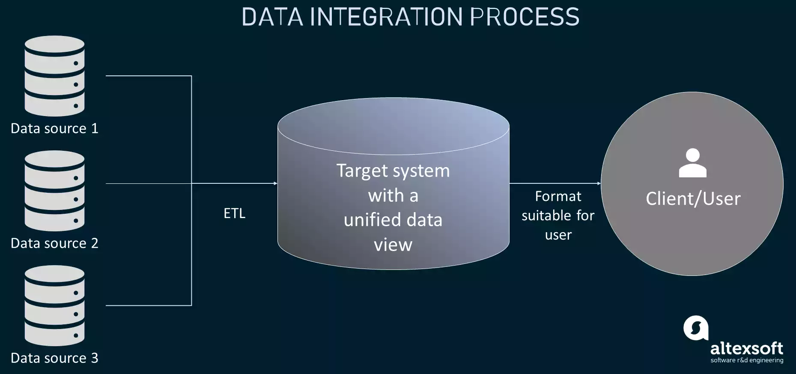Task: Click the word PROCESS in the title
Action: coord(525,17)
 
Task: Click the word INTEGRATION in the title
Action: coord(386,17)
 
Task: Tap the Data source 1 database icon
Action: coord(54,76)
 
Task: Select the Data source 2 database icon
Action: coord(54,191)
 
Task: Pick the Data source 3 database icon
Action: coord(54,305)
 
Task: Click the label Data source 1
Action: coord(54,129)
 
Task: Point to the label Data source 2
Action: coord(54,243)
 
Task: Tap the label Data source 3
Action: coord(54,358)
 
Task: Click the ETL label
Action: coord(234,213)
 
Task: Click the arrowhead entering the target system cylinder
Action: coord(275,183)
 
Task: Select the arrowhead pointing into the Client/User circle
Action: coord(599,183)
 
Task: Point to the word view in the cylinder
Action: coord(393,245)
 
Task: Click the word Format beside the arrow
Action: coord(558,196)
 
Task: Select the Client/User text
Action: coord(693,199)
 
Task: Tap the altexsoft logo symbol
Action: coord(695,328)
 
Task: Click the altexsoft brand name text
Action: coord(746,348)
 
